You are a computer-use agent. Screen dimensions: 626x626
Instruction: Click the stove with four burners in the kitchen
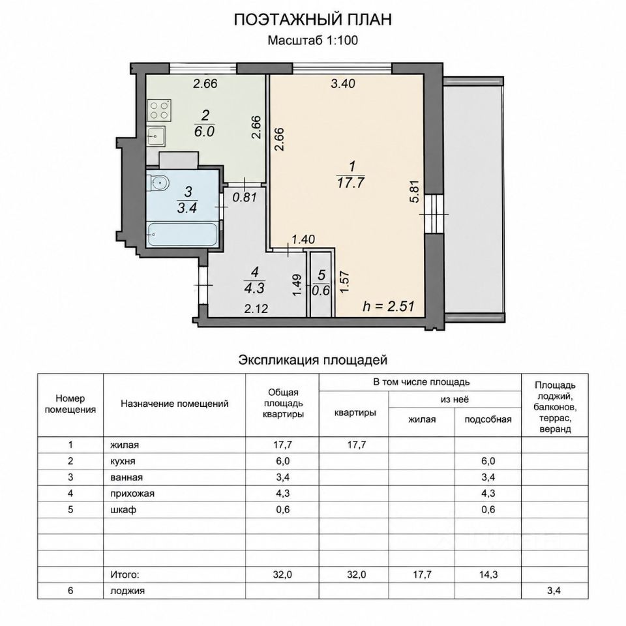point(159,111)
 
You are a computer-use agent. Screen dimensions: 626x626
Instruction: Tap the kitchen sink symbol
point(156,136)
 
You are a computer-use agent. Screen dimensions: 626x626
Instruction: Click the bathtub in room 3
point(182,235)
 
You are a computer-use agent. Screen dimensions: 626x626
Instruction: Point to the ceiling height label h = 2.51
point(389,306)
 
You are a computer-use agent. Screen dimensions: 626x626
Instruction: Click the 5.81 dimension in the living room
point(415,192)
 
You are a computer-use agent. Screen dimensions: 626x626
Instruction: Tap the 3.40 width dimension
point(343,83)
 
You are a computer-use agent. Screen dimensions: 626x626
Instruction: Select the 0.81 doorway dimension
point(245,197)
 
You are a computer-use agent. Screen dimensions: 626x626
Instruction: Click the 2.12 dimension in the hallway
point(256,308)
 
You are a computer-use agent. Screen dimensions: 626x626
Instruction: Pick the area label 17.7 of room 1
point(351,183)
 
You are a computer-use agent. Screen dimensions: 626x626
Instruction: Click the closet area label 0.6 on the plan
point(321,290)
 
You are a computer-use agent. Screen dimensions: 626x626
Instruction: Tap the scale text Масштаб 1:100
point(312,40)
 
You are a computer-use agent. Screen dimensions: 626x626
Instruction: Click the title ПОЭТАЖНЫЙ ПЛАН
point(312,20)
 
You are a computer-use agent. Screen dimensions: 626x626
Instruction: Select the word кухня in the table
point(123,461)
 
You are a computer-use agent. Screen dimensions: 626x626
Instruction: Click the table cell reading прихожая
point(132,494)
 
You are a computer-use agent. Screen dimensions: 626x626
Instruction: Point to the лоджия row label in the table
point(127,591)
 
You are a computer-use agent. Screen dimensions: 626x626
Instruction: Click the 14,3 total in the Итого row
point(488,574)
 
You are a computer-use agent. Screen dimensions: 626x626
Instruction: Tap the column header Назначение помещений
point(175,404)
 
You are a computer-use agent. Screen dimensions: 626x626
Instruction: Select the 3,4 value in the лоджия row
point(554,591)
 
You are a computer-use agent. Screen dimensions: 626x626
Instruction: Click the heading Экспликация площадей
point(313,360)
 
